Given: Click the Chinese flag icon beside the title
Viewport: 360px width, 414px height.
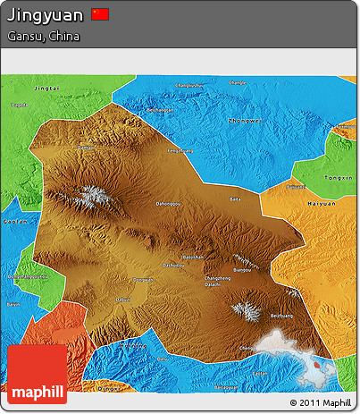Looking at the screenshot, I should tap(100, 13).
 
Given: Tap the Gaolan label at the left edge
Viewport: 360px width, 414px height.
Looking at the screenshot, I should tap(13, 220).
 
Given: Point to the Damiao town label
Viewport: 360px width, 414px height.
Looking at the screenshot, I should tap(86, 147).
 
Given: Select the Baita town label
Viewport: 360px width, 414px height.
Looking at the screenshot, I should tap(236, 199).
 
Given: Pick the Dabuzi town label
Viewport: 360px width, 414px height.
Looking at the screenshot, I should tap(122, 299).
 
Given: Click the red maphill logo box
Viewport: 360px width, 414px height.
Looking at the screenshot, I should tap(37, 373).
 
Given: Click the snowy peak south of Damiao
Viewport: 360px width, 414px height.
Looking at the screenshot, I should tap(90, 195).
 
